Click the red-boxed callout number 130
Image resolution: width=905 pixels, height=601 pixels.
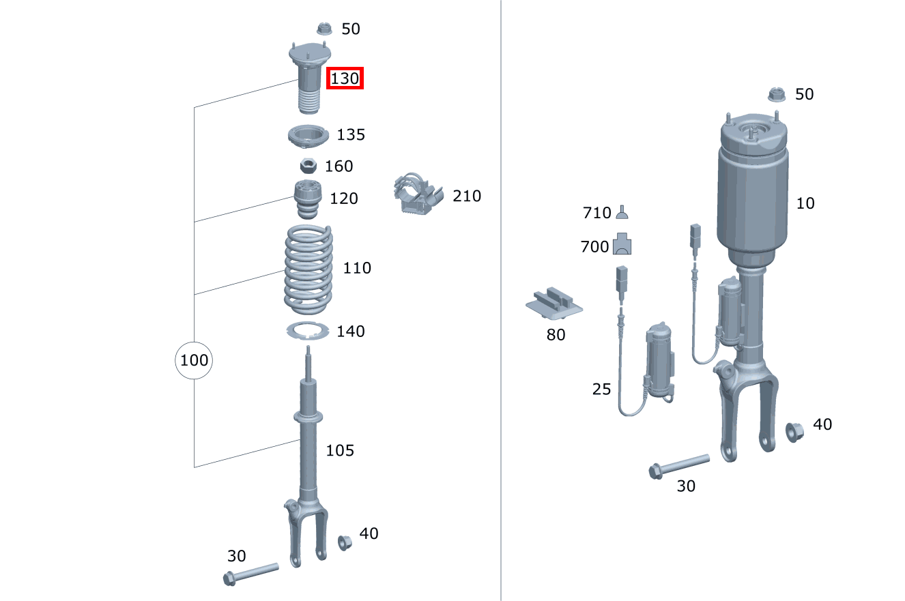[345, 78]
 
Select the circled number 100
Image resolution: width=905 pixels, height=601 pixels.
[194, 360]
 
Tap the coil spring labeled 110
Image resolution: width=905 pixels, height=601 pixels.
[308, 269]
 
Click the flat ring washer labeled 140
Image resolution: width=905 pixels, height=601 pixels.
[307, 331]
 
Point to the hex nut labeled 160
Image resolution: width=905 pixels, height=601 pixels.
[308, 166]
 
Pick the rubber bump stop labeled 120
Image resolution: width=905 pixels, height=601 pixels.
[307, 199]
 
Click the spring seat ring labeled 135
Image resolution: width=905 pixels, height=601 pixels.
[308, 136]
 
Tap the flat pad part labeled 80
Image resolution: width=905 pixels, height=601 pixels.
[554, 303]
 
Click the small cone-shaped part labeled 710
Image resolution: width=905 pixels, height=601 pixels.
[622, 212]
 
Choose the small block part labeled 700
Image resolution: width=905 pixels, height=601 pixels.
[622, 244]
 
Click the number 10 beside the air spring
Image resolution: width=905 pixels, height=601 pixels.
[805, 203]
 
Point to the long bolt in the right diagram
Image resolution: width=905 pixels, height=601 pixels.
[678, 466]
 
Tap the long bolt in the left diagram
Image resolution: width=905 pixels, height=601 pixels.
[251, 574]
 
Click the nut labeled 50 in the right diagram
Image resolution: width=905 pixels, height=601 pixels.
[777, 95]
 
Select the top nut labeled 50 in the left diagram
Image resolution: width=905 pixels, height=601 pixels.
[324, 29]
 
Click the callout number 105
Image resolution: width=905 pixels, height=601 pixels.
[340, 450]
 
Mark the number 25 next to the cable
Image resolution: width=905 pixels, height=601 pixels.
[601, 389]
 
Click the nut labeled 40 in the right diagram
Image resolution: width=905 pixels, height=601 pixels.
[794, 433]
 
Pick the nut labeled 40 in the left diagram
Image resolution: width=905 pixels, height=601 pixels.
[345, 543]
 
